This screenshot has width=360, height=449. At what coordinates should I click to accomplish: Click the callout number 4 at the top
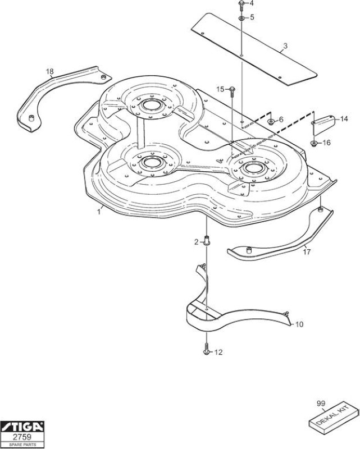tap(252, 3)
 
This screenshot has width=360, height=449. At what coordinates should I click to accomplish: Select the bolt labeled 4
tap(241, 6)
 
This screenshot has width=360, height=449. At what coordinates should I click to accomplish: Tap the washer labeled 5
tap(241, 19)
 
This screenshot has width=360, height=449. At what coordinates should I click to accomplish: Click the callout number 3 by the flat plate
tap(285, 46)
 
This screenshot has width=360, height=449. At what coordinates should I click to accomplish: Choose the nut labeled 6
tap(270, 122)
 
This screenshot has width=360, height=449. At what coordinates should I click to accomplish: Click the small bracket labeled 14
tap(323, 123)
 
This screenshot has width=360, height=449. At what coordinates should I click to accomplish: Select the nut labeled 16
tap(314, 143)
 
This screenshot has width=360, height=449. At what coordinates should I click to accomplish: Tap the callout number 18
tap(49, 71)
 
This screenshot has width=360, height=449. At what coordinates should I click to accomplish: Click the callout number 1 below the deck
tap(99, 212)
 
